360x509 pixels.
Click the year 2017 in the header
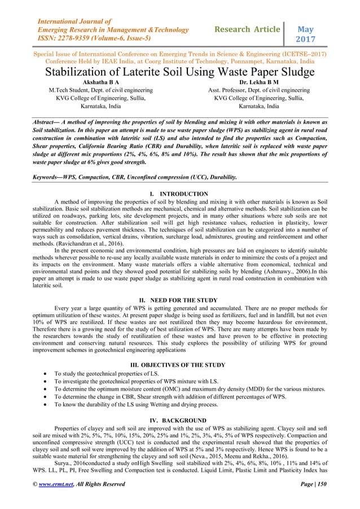tap(306, 39)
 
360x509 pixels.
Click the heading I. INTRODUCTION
tap(180, 194)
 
